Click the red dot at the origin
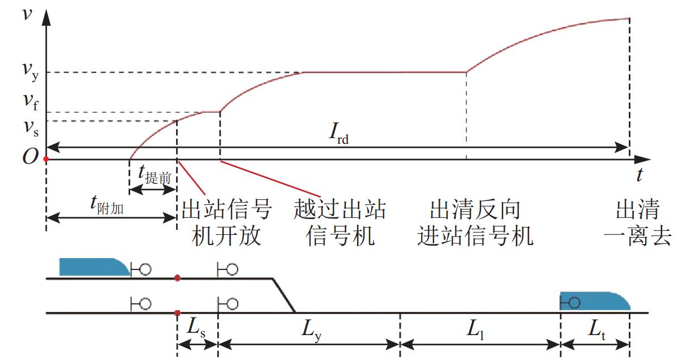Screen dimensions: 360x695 click(x=46, y=159)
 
